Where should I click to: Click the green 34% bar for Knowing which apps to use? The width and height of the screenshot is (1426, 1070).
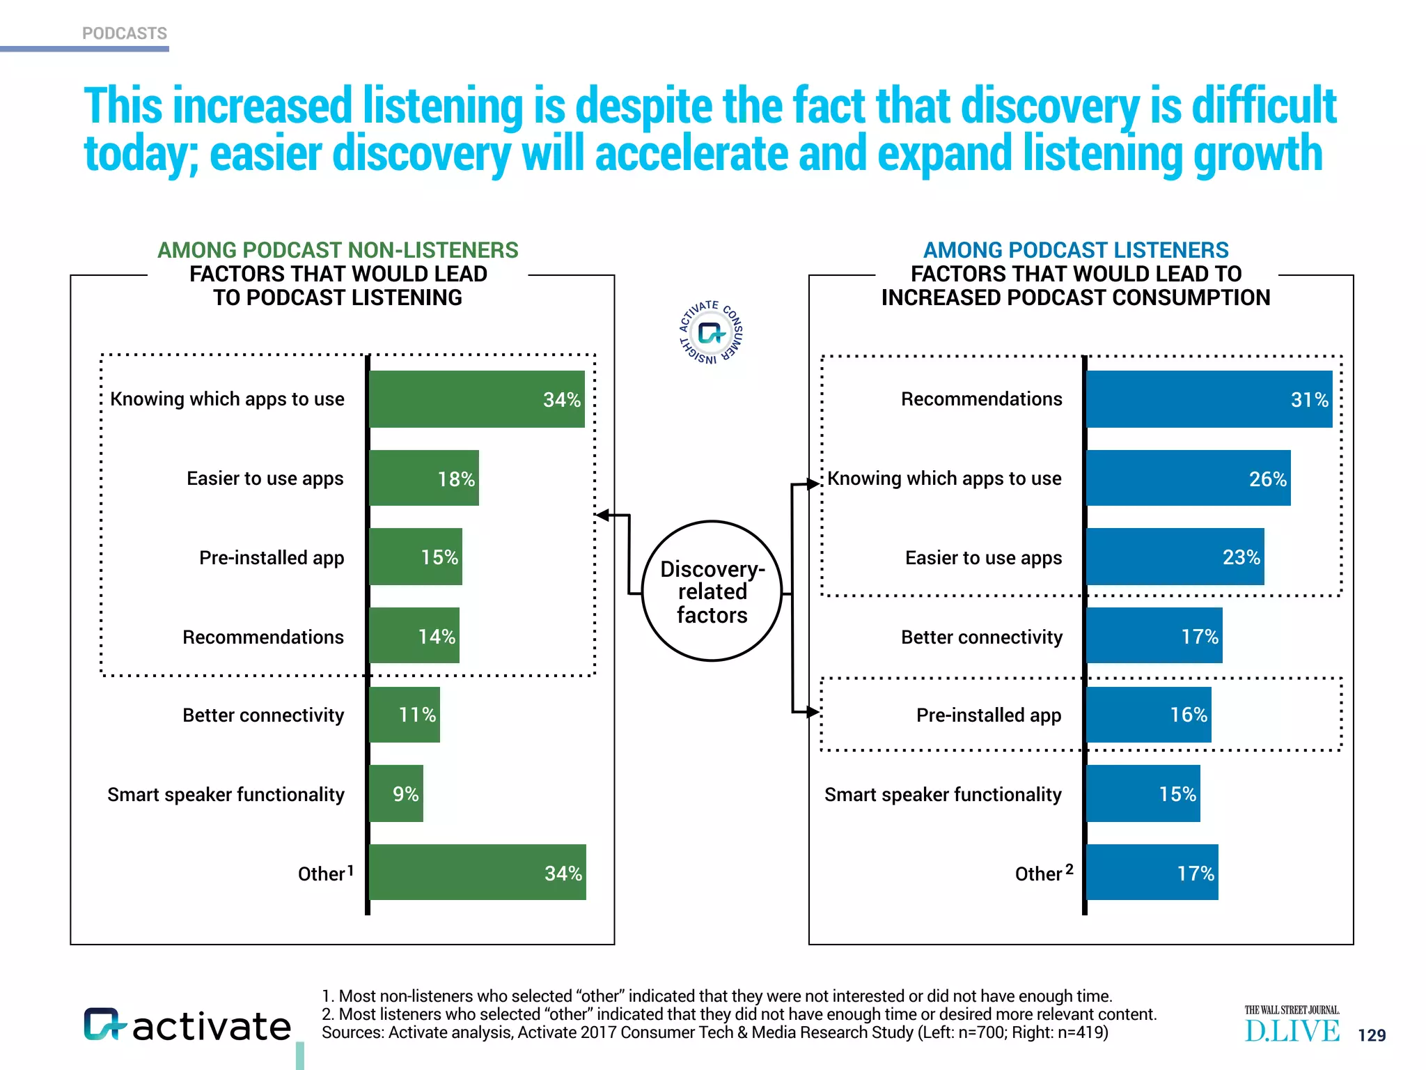point(476,399)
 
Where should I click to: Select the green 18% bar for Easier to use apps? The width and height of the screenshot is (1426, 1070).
point(423,478)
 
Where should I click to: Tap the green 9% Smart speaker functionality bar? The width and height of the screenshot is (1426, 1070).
point(395,793)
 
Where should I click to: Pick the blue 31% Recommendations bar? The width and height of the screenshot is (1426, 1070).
point(1209,399)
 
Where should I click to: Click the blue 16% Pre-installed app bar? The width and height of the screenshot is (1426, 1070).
point(1148,715)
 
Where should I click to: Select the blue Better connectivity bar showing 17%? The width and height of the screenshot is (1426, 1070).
point(1154,635)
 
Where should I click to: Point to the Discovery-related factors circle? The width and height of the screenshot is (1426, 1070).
point(712,591)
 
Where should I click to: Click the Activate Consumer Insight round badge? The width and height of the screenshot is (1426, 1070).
point(711,333)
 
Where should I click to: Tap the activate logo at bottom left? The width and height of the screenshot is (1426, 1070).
point(187,1025)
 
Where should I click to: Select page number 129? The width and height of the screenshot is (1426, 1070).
point(1372,1035)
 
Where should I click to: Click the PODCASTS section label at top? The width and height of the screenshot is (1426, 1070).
point(125,33)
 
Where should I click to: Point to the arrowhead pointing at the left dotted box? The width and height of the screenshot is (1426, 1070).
point(603,515)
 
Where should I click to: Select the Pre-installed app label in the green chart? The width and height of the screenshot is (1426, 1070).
point(272,558)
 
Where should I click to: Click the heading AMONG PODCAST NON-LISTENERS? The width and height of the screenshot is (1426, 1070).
point(338,250)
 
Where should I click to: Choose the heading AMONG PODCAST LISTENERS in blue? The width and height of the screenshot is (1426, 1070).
point(1076,250)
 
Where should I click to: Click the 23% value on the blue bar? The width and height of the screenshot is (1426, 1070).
point(1241,557)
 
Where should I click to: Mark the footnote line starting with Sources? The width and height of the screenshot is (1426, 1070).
point(714,1032)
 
